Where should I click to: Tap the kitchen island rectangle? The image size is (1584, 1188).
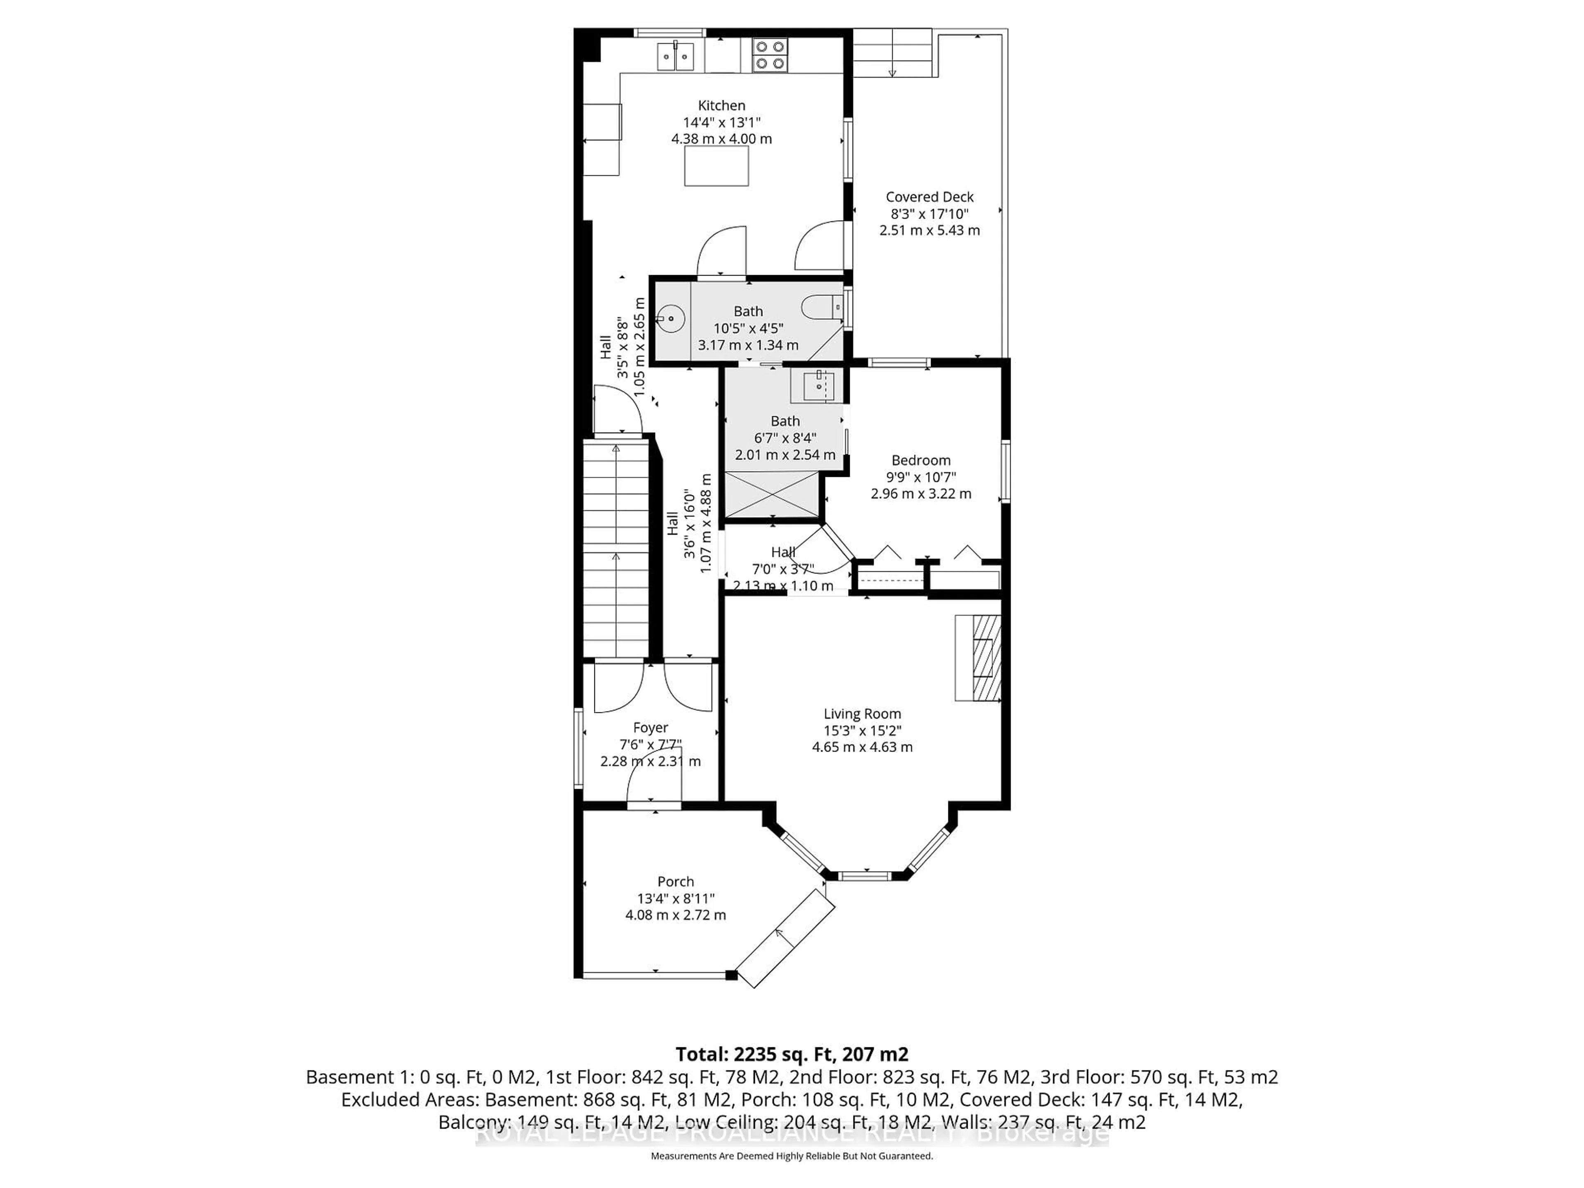click(716, 166)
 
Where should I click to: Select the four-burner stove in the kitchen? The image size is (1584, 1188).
click(770, 55)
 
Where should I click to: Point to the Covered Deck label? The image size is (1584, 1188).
click(929, 197)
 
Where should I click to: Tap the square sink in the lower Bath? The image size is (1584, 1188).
click(818, 387)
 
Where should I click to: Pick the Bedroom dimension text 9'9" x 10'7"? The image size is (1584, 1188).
click(921, 477)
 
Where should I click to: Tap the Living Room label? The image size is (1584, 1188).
click(862, 714)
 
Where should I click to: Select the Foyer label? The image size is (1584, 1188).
click(650, 728)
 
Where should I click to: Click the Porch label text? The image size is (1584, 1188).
click(675, 882)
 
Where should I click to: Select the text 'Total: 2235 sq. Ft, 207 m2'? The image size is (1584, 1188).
click(791, 1054)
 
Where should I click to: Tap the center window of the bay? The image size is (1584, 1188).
click(867, 874)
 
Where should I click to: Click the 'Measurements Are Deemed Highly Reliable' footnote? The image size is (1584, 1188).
click(791, 1156)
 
